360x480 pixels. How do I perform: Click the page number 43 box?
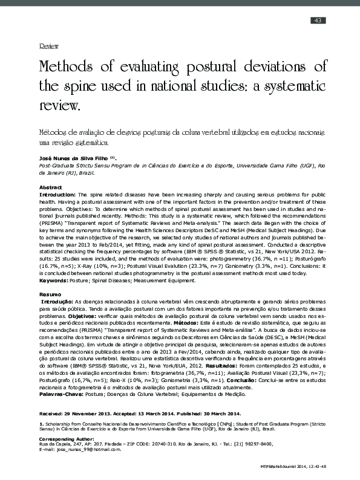pos(318,21)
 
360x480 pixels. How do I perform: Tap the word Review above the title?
pos(48,46)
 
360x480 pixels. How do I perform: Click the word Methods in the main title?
pos(67,66)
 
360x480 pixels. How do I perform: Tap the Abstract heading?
pos(51,188)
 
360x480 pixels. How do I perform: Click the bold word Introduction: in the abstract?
pos(57,195)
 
